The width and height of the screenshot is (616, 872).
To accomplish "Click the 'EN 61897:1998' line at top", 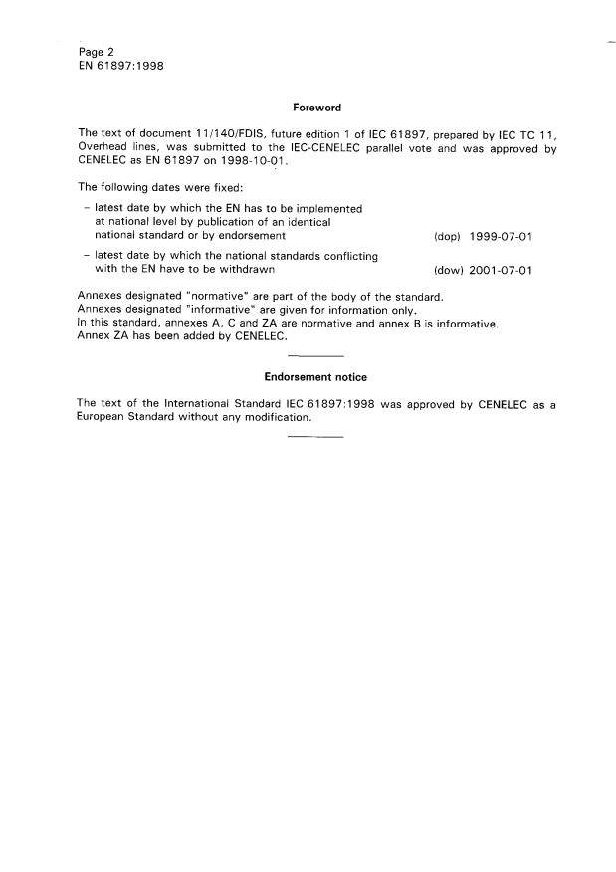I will pos(120,67).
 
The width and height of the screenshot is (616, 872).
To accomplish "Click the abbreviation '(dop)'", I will pos(447,237).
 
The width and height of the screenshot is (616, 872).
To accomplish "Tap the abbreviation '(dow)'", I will pos(447,270).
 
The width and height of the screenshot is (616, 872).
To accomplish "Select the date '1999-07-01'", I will pos(502,237).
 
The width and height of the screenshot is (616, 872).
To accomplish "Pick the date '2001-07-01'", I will pos(502,270).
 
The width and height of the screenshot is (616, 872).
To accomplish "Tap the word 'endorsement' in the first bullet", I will pos(255,236).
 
